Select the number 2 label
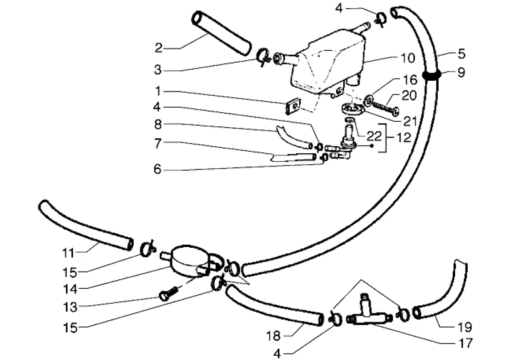point(159,48)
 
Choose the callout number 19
point(466,327)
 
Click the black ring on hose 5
point(431,75)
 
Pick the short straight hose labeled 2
point(221,34)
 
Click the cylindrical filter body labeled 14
point(188,260)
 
